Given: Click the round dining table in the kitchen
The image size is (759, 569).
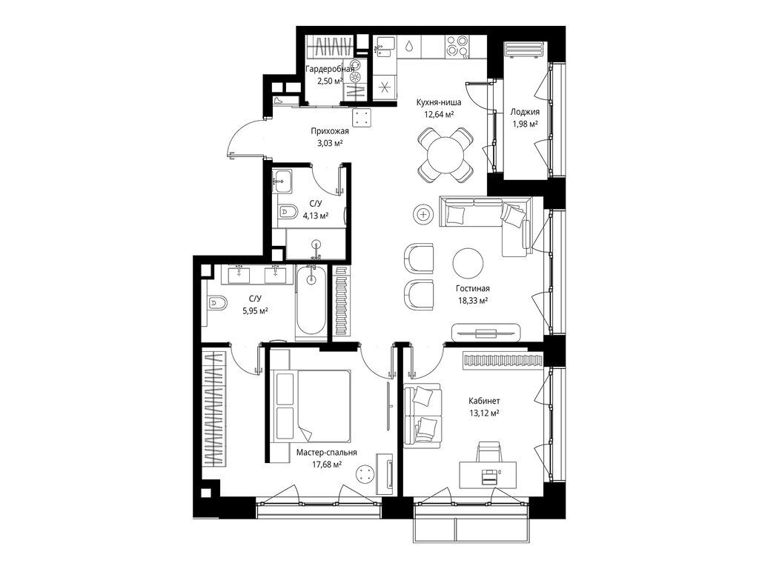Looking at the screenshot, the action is point(445,154).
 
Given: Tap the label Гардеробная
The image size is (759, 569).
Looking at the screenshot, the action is point(330,69).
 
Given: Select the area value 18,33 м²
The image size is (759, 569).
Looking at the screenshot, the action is point(472,301).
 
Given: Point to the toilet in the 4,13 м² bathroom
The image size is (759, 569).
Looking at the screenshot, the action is point(288,211).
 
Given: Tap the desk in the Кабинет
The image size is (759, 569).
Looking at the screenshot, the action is point(488,475).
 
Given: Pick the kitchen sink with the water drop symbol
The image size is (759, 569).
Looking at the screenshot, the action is point(409,47).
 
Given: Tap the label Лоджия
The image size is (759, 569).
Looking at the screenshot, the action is point(525,112).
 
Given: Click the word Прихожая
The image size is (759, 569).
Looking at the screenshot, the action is point(330,130).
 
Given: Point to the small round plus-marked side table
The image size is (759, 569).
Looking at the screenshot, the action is point(423,213).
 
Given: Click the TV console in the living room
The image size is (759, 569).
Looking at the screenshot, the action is point(486,333).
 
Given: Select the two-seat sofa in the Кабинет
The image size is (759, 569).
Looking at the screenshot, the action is point(422,414).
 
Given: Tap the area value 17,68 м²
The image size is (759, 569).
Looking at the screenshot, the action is point(327,465).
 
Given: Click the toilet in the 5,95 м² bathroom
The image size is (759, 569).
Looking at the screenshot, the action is point(216,303).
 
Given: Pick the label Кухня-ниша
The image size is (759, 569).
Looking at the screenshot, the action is point(439,102).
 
